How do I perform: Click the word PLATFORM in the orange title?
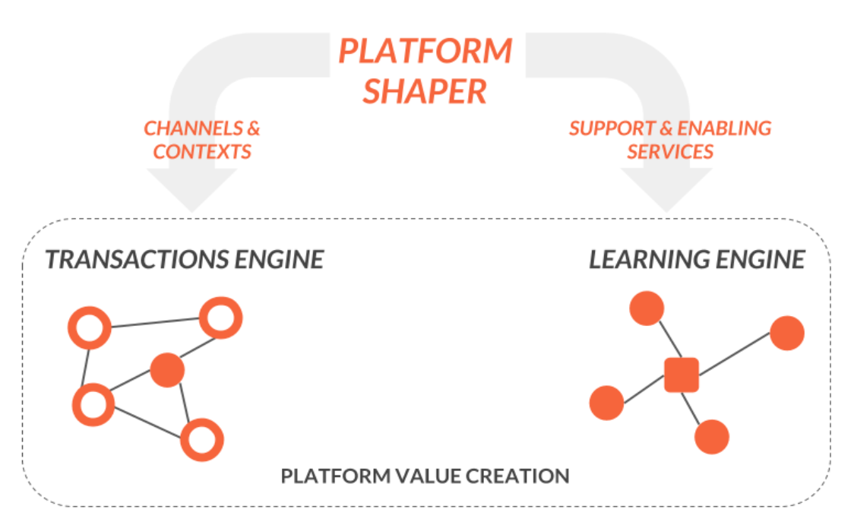[x=425, y=52]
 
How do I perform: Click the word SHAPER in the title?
[x=425, y=91]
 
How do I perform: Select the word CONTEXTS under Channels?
[x=202, y=151]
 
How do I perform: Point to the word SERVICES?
[x=670, y=151]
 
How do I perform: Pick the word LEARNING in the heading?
[x=648, y=260]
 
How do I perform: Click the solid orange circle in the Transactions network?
[x=168, y=371]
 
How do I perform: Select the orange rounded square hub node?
[x=682, y=375]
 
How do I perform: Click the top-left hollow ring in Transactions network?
[x=90, y=328]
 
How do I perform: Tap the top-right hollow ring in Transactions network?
[x=220, y=318]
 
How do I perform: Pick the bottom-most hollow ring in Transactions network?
[x=203, y=439]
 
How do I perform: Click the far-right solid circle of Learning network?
[x=786, y=333]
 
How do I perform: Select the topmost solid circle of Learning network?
[x=647, y=308]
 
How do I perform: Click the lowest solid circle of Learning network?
[x=711, y=437]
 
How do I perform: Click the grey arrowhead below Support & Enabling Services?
[x=666, y=190]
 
